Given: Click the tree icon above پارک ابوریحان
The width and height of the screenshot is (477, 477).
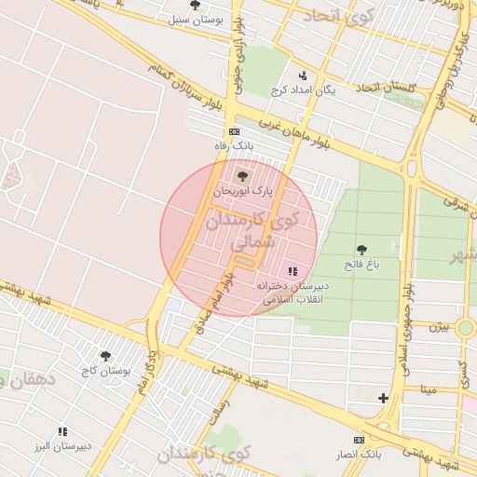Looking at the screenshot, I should tap(243, 175).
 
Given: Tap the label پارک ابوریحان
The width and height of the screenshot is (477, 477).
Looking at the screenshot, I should tap(243, 190).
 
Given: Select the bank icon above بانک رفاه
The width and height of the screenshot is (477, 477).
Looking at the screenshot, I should tap(234, 131).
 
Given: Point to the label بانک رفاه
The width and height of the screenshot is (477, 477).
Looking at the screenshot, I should tap(234, 146).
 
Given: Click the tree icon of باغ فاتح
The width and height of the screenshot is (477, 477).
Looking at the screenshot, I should tap(361, 249).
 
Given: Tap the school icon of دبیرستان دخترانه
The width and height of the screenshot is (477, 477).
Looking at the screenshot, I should tap(293, 271).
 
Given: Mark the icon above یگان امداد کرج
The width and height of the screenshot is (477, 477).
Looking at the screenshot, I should tap(302, 75).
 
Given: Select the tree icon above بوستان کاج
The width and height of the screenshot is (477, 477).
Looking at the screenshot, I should tap(105, 356).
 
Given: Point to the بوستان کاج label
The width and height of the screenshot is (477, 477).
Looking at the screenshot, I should tap(105, 371).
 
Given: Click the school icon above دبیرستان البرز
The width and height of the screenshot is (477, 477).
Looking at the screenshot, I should tap(62, 431).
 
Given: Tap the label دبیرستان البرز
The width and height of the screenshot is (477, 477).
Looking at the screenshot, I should tap(62, 446).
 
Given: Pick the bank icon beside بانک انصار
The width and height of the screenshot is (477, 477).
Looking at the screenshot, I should tap(359, 439).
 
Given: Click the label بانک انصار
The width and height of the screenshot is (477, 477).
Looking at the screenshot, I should tap(359, 454).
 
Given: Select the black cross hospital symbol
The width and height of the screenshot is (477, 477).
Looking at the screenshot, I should tap(383, 398).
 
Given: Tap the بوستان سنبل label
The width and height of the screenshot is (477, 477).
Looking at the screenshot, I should tap(195, 19).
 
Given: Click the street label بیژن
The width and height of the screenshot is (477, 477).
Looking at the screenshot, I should tap(439, 327).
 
